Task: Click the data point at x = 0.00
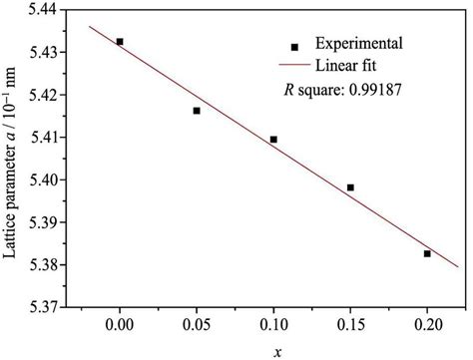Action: pos(120,42)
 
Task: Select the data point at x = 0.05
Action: pos(197,111)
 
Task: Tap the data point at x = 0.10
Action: pos(273,140)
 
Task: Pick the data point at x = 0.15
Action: pos(350,187)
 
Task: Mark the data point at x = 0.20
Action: pos(427,254)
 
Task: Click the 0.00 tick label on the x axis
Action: pos(120,325)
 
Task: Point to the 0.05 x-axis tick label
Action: pos(197,325)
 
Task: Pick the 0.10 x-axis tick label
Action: pos(273,325)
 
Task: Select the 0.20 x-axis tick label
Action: pos(427,325)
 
